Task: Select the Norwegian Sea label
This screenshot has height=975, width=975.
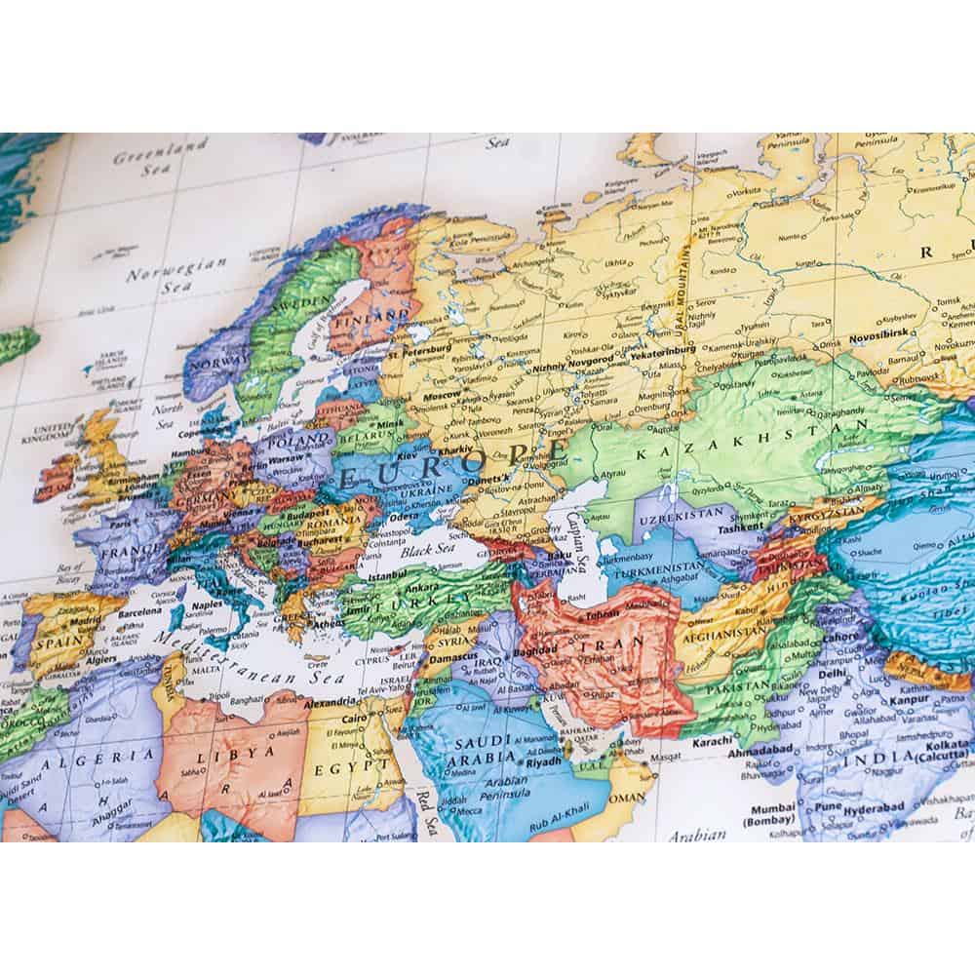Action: (x=175, y=274)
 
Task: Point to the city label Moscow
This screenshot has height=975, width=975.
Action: (x=444, y=398)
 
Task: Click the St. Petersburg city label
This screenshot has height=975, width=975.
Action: (x=418, y=347)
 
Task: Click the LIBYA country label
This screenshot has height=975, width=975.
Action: (x=231, y=760)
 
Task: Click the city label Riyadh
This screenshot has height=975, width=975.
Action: (x=540, y=760)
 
